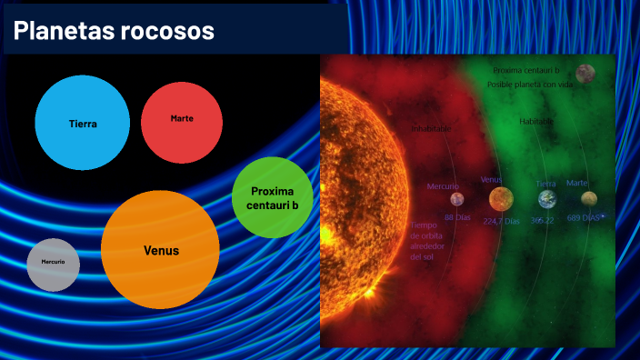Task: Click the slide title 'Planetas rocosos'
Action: (115, 31)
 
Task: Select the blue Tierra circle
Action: (83, 124)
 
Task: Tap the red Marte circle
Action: (182, 119)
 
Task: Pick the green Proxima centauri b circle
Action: (273, 198)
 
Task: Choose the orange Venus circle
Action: (161, 250)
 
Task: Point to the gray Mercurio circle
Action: (53, 264)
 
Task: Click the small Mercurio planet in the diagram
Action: (457, 199)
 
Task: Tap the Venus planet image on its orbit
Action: (500, 198)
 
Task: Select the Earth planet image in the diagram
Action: (547, 199)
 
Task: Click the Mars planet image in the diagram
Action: (590, 198)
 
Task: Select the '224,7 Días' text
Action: (502, 221)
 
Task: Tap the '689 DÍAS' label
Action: (585, 218)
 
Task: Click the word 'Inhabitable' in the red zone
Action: (431, 129)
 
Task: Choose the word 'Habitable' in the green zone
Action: (536, 121)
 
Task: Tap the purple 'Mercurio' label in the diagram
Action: (444, 186)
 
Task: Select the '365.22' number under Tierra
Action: (543, 220)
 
